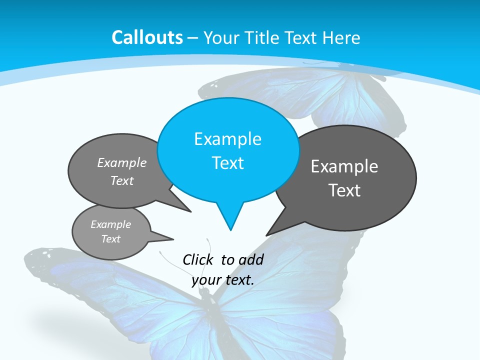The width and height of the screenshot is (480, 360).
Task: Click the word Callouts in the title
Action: click(147, 37)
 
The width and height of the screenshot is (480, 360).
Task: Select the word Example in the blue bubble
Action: click(227, 138)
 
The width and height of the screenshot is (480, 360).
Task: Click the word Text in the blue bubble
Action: click(227, 162)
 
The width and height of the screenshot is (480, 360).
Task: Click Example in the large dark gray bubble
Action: click(344, 166)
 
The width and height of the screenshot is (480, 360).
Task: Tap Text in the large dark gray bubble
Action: click(344, 190)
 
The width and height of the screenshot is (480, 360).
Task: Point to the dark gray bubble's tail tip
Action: click(266, 235)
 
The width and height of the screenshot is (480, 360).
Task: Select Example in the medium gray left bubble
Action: click(122, 162)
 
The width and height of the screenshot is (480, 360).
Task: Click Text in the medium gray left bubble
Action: click(122, 180)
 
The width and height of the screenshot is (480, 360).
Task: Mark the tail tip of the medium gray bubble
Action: click(190, 211)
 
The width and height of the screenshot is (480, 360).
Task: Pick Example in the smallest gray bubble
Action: click(110, 224)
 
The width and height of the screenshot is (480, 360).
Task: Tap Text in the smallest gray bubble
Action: click(110, 239)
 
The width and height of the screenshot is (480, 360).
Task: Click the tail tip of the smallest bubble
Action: click(173, 239)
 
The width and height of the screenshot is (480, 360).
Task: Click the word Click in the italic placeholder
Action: click(198, 259)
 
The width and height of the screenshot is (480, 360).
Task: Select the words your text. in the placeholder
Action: click(223, 280)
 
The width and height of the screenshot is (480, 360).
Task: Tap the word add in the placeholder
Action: click(250, 259)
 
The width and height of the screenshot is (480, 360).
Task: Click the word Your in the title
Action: click(222, 37)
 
